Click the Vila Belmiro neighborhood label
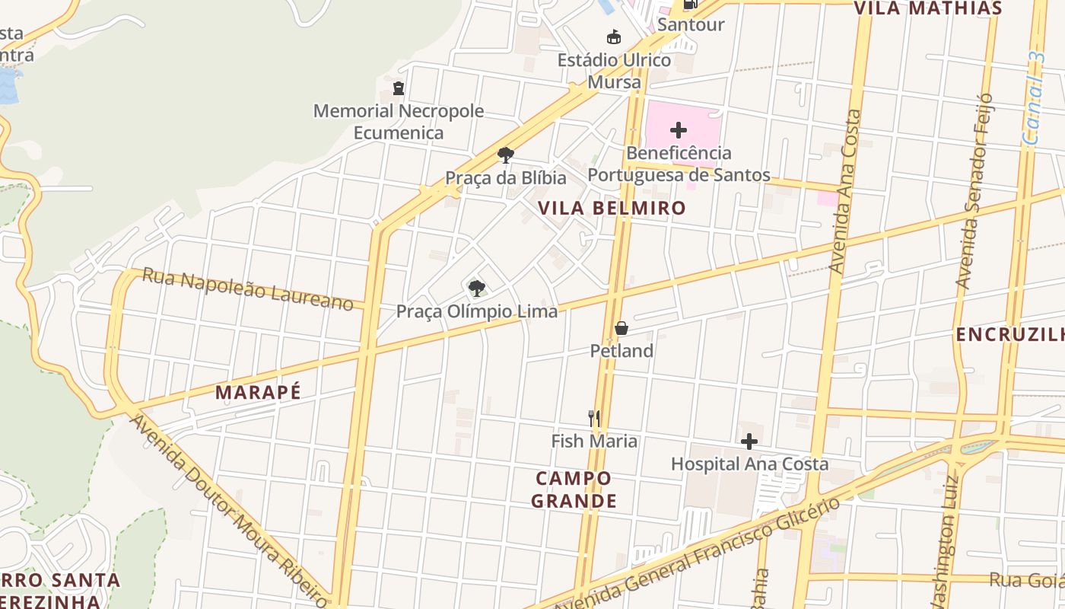click(612, 208)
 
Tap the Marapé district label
click(258, 392)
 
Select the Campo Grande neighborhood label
click(574, 489)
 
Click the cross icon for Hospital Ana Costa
click(749, 442)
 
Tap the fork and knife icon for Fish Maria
click(594, 418)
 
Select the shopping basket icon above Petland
click(622, 328)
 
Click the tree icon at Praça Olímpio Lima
click(477, 288)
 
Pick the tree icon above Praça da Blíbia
click(505, 155)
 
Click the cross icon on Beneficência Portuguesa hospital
click(679, 130)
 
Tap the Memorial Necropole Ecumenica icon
click(399, 88)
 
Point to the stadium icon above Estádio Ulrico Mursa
click(613, 37)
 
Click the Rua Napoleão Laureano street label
click(248, 289)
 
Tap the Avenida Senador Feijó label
click(974, 190)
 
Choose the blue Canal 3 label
click(1034, 99)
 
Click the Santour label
click(691, 24)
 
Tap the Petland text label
click(622, 351)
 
